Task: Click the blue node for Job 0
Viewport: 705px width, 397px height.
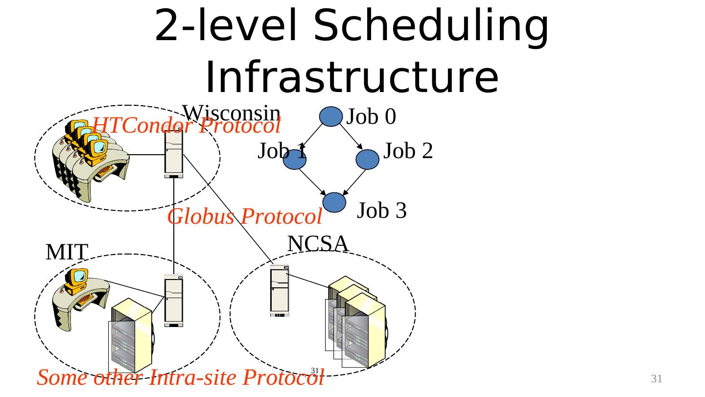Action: tap(330, 117)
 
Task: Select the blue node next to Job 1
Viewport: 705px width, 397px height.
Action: tap(294, 160)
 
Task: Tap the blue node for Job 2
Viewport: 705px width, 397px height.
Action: tap(367, 160)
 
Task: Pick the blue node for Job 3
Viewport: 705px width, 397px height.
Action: tap(335, 203)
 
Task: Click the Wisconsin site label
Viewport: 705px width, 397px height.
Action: tap(231, 113)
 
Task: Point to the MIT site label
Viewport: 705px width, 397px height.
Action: tap(67, 253)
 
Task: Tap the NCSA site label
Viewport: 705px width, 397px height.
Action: tap(318, 243)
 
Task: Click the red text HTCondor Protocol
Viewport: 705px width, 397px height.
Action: tap(186, 126)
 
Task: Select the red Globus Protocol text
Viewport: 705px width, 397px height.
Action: tap(244, 216)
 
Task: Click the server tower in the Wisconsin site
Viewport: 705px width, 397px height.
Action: tap(174, 152)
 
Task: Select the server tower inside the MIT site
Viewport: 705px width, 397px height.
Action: tap(174, 300)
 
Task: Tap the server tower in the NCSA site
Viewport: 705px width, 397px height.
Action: tap(280, 291)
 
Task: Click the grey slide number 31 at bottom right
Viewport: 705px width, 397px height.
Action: tap(656, 378)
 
